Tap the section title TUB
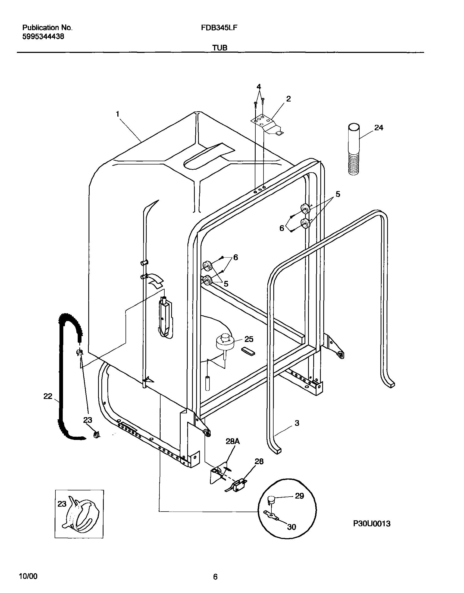(x=220, y=48)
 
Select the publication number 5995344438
(x=43, y=36)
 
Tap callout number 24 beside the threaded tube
(x=379, y=128)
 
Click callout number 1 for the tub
(x=117, y=114)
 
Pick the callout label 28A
(x=233, y=442)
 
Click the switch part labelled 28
(x=238, y=484)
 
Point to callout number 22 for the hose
(x=48, y=396)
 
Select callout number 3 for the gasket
(x=297, y=423)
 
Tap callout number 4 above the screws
(x=259, y=87)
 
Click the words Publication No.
(x=47, y=28)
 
